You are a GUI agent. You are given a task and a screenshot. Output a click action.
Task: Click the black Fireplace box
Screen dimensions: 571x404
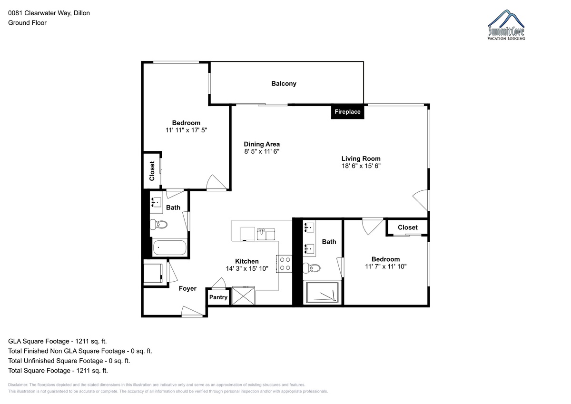tap(347, 112)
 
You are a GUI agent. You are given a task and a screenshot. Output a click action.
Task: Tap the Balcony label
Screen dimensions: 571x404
tap(284, 84)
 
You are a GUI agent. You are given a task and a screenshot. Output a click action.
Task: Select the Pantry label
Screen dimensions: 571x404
tap(218, 297)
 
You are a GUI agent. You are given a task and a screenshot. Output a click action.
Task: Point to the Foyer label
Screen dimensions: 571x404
tap(187, 288)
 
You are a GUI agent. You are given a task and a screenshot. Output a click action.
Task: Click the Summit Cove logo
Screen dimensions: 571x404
tap(506, 25)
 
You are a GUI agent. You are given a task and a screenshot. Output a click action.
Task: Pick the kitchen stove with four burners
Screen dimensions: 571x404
tap(285, 264)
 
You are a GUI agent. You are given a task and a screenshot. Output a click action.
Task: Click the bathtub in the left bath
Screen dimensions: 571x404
tap(169, 247)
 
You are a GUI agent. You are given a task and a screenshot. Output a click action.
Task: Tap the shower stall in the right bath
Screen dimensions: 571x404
tap(322, 292)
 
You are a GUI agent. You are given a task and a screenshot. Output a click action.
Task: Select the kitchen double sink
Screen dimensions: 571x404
tap(266, 234)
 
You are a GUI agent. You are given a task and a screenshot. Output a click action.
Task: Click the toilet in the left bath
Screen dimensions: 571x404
tap(158, 224)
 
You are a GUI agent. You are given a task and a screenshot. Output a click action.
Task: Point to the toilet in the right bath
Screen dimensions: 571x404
tap(312, 268)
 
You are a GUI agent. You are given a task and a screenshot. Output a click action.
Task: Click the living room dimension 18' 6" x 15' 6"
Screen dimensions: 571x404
tap(361, 166)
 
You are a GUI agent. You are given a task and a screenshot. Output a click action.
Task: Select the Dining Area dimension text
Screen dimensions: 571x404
tap(262, 151)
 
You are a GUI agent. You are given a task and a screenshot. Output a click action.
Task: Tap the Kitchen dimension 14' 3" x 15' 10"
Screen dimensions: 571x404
tap(247, 269)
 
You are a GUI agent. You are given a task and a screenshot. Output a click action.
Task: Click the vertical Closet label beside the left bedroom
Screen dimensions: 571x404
tap(152, 171)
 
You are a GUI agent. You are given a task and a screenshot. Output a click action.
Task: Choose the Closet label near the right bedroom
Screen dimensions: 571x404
tap(408, 227)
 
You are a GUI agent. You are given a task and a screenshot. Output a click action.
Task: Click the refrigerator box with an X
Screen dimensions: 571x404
tap(244, 296)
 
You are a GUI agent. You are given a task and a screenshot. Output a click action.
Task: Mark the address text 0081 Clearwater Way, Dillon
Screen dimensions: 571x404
tap(49, 13)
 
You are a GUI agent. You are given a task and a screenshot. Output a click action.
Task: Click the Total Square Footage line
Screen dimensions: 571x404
tap(58, 370)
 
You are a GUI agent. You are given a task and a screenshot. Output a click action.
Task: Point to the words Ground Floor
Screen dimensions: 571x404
tap(27, 23)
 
